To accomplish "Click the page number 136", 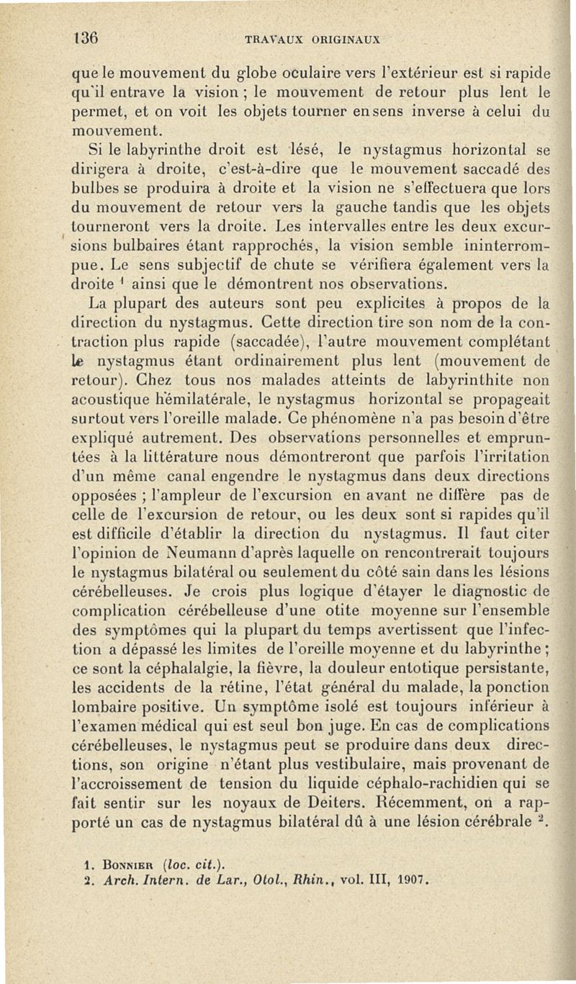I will pos(86,37).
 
